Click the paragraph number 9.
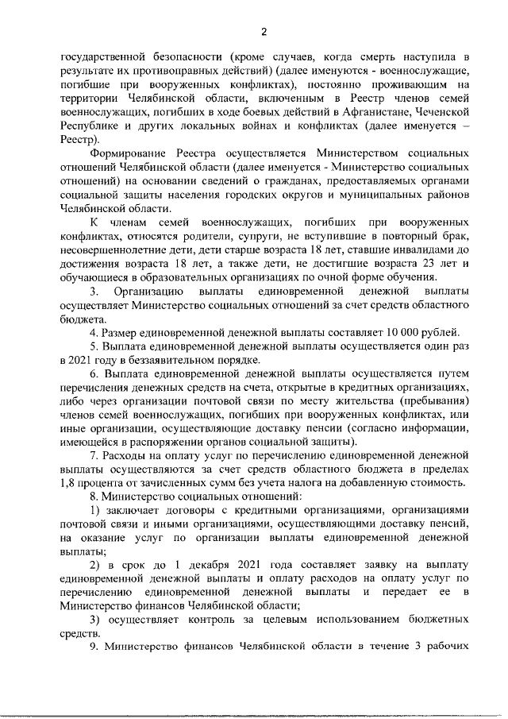(93, 650)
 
